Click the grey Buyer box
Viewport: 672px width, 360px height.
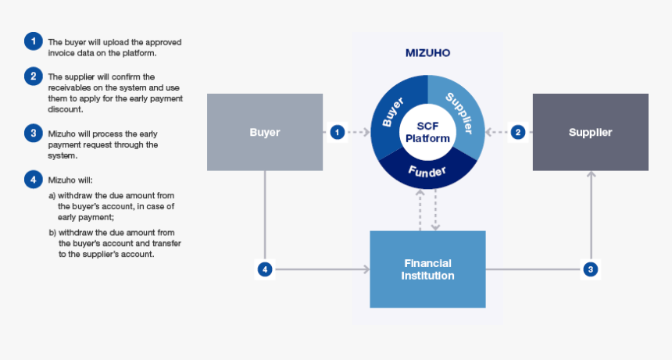pyautogui.click(x=265, y=132)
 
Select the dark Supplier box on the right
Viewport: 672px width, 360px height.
pyautogui.click(x=590, y=132)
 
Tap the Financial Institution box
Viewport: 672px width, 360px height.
pyautogui.click(x=427, y=269)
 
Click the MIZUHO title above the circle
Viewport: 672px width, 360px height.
pyautogui.click(x=427, y=54)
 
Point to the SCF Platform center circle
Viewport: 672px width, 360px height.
pyautogui.click(x=427, y=132)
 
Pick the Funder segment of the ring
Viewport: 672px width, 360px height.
pyautogui.click(x=427, y=171)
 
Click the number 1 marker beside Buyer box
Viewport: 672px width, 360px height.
pyautogui.click(x=337, y=132)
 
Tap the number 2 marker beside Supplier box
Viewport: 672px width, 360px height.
pyautogui.click(x=518, y=132)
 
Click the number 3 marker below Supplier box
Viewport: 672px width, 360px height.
pyautogui.click(x=591, y=269)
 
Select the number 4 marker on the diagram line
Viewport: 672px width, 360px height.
pyautogui.click(x=266, y=269)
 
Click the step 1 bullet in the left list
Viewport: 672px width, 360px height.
pyautogui.click(x=32, y=41)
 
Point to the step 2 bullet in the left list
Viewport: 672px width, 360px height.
pyautogui.click(x=32, y=76)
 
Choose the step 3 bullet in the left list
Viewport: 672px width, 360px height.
pyautogui.click(x=32, y=133)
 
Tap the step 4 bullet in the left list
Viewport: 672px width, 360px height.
pyautogui.click(x=32, y=180)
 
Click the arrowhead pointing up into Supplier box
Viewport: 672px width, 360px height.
pyautogui.click(x=591, y=175)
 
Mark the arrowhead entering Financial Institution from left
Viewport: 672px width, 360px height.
pyautogui.click(x=366, y=269)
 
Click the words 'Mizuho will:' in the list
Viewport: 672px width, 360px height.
pyautogui.click(x=71, y=180)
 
